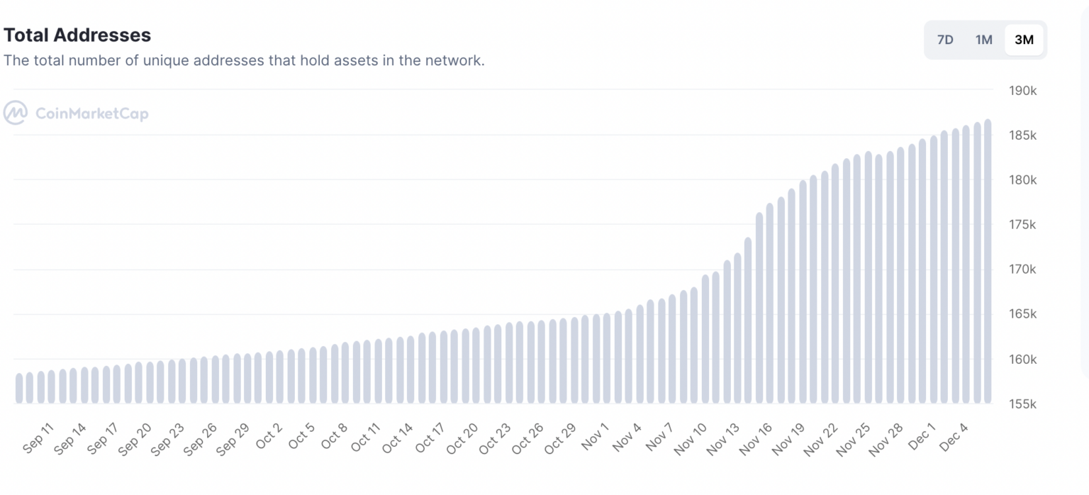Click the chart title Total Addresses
(77, 35)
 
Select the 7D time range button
(945, 40)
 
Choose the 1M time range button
(983, 40)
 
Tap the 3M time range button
(1024, 40)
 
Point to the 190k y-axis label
(1022, 91)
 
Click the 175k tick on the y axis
(1022, 225)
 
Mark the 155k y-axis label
(1022, 404)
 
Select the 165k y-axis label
(1022, 314)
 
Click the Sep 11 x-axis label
(38, 439)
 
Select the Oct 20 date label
(462, 439)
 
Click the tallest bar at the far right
(988, 262)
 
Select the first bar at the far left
(19, 388)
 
